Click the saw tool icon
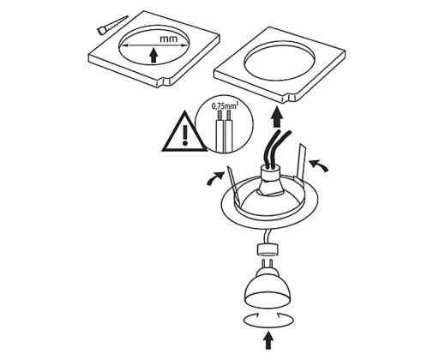(x=112, y=25)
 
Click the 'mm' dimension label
(x=168, y=39)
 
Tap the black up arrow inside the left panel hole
(x=153, y=55)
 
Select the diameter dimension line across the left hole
(x=153, y=45)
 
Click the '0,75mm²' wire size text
(x=225, y=106)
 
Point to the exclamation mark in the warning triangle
(x=185, y=135)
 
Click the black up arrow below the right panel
(x=277, y=117)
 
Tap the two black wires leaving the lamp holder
(x=276, y=148)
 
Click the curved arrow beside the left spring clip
(x=215, y=178)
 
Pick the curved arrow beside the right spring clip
(x=318, y=165)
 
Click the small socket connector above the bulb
(x=268, y=249)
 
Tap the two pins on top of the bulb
(x=268, y=263)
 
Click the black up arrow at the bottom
(x=268, y=339)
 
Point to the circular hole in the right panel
(x=280, y=62)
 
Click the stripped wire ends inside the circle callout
(x=225, y=116)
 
